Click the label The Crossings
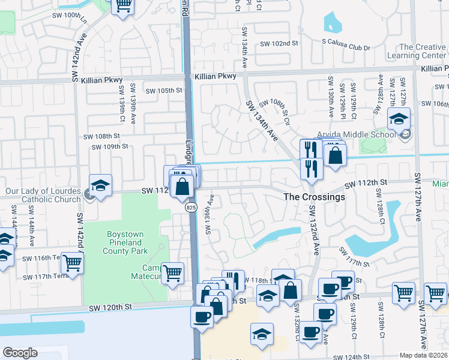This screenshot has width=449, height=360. pos(314,197)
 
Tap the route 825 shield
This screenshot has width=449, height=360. pos(191,207)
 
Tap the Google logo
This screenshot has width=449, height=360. pos(20,352)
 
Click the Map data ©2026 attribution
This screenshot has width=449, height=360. pos(424,355)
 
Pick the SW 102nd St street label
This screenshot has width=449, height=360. pos(279,43)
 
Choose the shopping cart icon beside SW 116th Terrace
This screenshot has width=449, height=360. pos(72,262)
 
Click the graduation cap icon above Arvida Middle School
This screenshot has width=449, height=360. pos(399,119)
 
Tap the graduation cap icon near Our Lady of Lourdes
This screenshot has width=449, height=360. pos(101,185)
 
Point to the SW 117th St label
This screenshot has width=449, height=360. pos(354,259)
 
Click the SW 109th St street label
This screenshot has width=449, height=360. pos(110,146)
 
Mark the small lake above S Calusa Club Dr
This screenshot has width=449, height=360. pos(332,22)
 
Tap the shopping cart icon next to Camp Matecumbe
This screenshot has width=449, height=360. pos(172,272)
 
